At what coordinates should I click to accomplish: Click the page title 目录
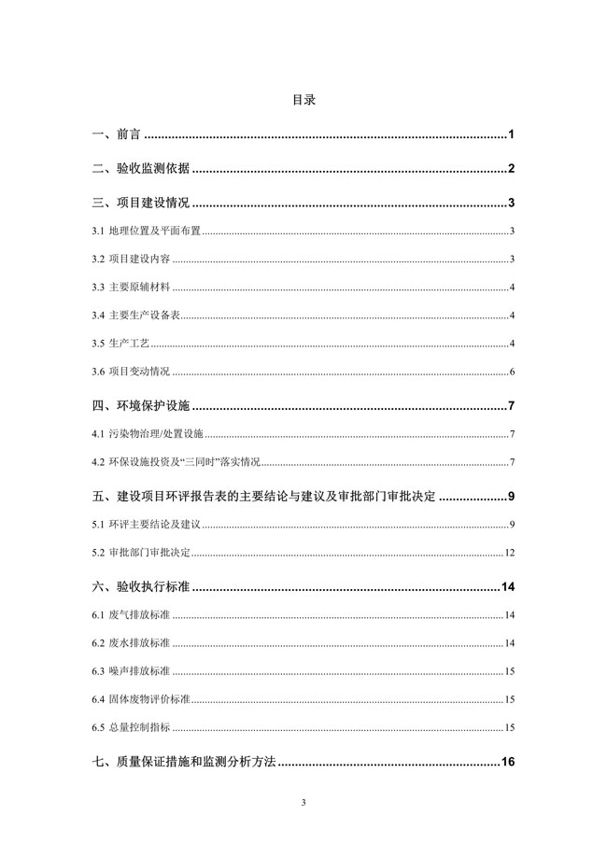tap(303, 99)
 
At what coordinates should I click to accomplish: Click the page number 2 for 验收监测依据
tap(513, 169)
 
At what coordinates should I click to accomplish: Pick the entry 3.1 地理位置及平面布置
tap(147, 232)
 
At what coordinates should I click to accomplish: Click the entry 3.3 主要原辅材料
tap(131, 288)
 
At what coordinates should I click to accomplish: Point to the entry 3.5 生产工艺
tap(121, 344)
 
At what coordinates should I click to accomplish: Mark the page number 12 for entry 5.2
tap(510, 553)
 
